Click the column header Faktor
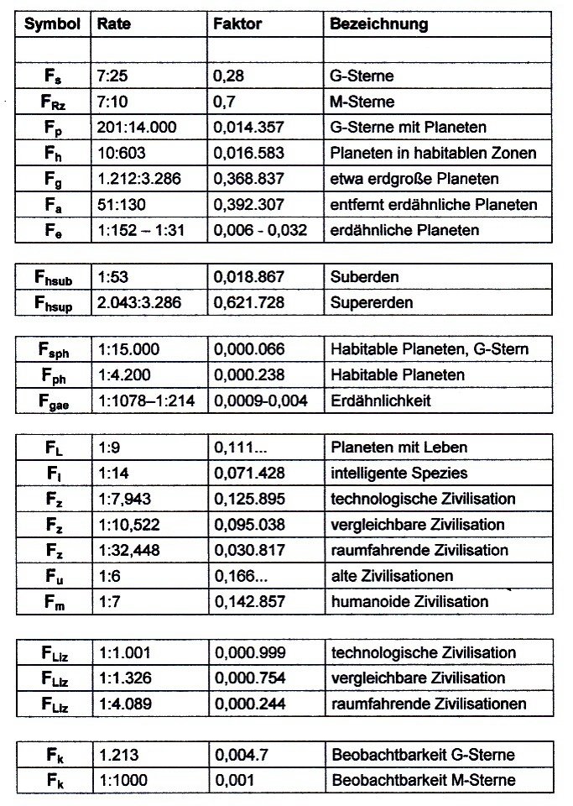coord(237,24)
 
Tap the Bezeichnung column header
coord(379,24)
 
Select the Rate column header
coord(114,24)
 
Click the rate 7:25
coord(113,76)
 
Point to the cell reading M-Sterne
coord(362,102)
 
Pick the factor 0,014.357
coord(249,128)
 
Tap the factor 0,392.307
coord(249,205)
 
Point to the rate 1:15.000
coord(128,349)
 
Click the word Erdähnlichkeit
coord(382,400)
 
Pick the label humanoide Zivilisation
coord(410,602)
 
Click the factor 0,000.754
coord(249,678)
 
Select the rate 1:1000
coord(122,780)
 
